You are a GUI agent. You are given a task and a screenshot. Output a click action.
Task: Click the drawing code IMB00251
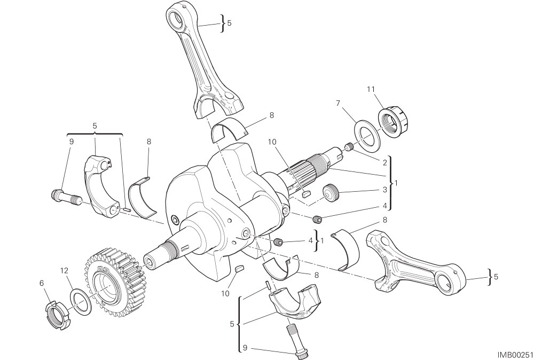coord(514,355)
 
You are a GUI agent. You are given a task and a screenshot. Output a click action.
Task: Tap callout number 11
coord(371,89)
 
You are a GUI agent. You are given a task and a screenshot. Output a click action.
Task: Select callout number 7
coord(338,103)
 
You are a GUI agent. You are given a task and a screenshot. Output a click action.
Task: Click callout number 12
coord(65,271)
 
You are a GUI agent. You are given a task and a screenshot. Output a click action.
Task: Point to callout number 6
coord(42,283)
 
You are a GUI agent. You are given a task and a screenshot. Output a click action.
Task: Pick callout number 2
coord(385,163)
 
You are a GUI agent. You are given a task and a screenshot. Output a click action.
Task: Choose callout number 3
coord(385,190)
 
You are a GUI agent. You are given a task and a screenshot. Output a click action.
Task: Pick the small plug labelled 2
coord(348,147)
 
